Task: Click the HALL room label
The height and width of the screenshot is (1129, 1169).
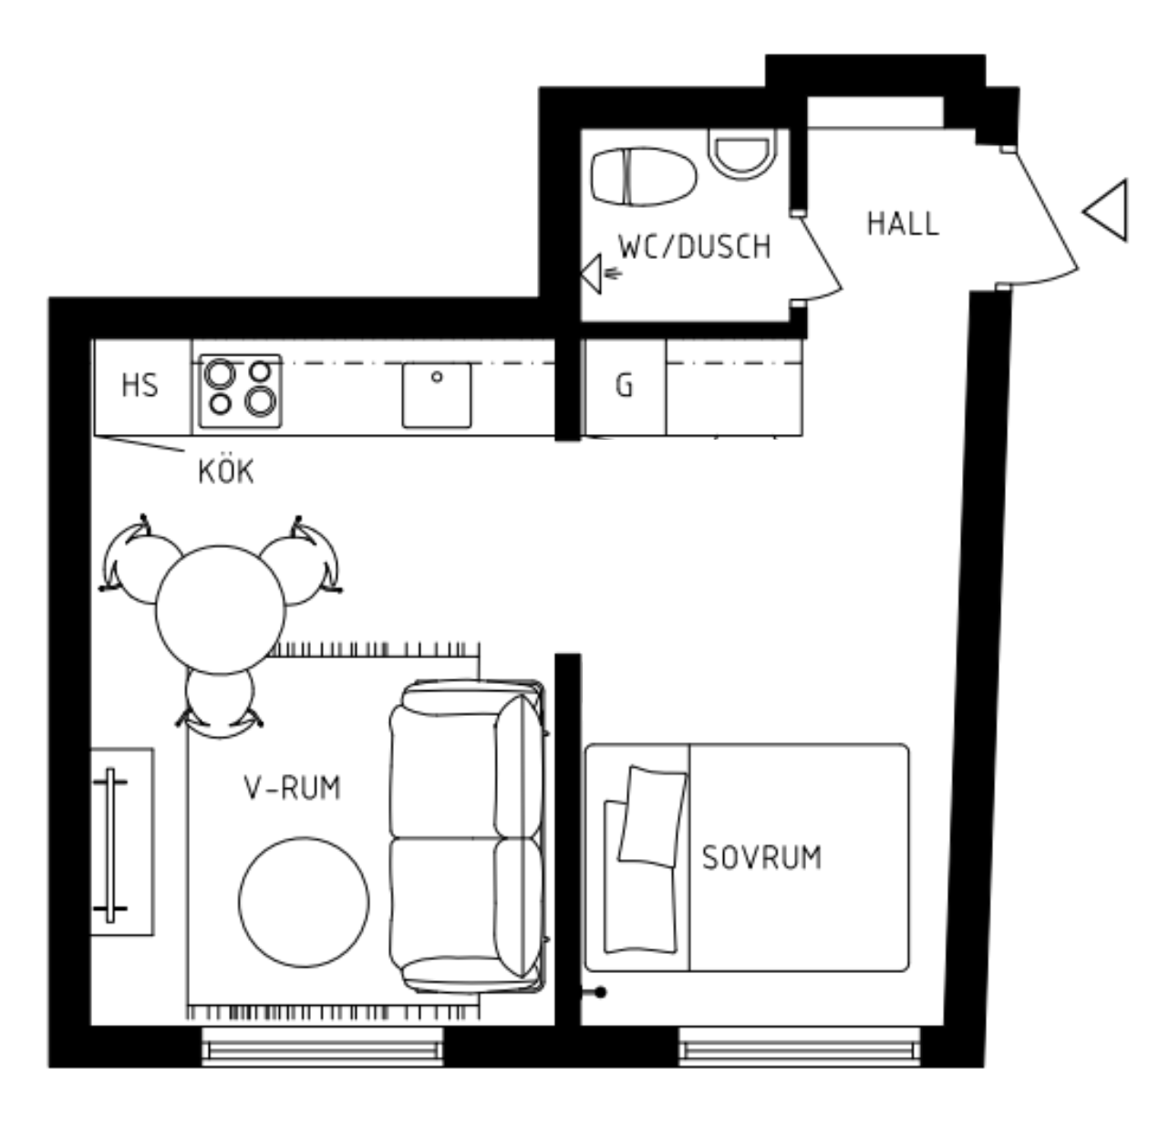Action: (903, 223)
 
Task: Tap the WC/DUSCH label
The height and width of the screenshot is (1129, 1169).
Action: (695, 246)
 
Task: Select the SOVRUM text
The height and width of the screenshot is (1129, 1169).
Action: (761, 857)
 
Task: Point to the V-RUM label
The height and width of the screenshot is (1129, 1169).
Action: (293, 788)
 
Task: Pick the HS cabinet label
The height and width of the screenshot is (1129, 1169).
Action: (140, 385)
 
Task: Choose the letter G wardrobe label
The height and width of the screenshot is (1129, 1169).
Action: (625, 385)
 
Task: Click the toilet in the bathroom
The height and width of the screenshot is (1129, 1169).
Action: (644, 177)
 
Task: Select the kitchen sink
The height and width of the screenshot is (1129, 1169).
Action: (437, 395)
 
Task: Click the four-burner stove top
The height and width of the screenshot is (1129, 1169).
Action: (241, 390)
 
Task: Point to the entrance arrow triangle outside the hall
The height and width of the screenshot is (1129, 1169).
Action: (1105, 211)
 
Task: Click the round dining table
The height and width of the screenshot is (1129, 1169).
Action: (221, 609)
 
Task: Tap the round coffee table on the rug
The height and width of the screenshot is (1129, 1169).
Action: (304, 902)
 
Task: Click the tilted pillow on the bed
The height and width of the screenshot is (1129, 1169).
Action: (652, 816)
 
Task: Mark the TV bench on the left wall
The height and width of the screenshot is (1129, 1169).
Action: (122, 841)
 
